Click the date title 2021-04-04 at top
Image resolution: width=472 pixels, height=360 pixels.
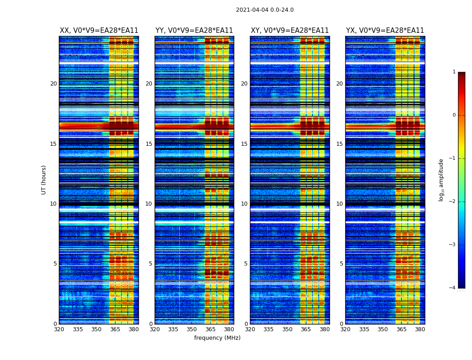tap(265, 10)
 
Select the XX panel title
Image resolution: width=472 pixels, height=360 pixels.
tap(99, 31)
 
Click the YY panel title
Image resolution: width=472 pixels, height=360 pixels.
tap(194, 31)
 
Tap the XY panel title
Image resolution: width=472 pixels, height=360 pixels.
tap(289, 31)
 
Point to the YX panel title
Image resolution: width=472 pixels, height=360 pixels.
tap(385, 31)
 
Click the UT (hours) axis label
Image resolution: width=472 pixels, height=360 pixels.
tap(44, 180)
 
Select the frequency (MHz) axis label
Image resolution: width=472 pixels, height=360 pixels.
tap(217, 338)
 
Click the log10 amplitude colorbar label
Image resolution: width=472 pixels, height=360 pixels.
tap(441, 180)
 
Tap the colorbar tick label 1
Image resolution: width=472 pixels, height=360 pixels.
tap(454, 72)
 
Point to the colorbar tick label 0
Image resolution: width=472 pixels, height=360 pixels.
tap(454, 115)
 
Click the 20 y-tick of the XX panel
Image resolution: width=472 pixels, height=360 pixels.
tap(53, 84)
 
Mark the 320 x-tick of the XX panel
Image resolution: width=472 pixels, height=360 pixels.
tap(59, 329)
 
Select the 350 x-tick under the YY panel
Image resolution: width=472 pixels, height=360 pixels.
tap(192, 329)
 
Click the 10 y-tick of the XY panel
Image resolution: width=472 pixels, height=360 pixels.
tap(244, 204)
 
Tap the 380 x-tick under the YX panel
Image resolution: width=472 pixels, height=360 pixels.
tap(420, 329)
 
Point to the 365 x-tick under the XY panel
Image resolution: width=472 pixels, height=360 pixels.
tap(306, 329)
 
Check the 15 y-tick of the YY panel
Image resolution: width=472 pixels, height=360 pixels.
tap(149, 144)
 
